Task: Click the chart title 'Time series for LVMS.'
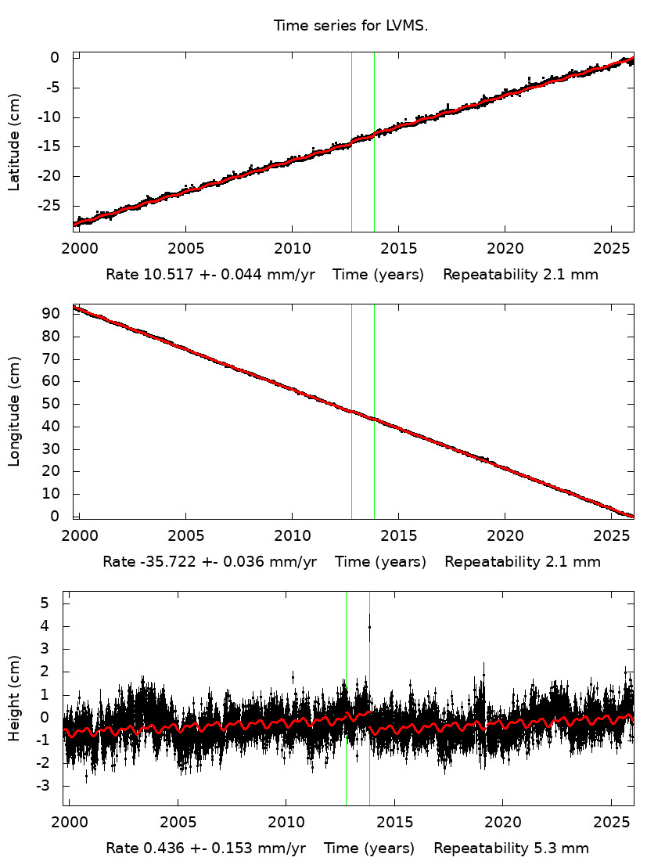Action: click(x=350, y=26)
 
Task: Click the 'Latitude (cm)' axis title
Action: click(x=14, y=142)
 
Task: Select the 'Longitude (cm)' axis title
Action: click(x=14, y=412)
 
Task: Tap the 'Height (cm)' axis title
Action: click(x=14, y=699)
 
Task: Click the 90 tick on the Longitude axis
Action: click(x=52, y=314)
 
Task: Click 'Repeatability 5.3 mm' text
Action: click(x=511, y=848)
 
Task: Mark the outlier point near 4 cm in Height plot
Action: click(x=369, y=627)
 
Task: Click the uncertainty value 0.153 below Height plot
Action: click(x=231, y=848)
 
